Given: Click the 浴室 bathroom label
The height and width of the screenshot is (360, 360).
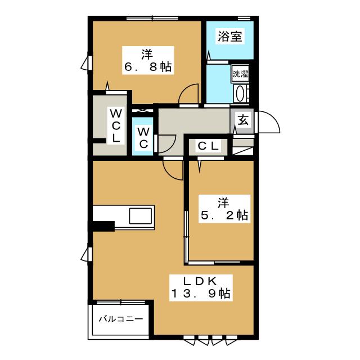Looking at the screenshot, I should pyautogui.click(x=229, y=37).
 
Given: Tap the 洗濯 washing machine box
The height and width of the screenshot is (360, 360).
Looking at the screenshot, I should pyautogui.click(x=240, y=74).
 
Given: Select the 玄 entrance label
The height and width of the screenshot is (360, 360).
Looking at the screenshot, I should pyautogui.click(x=243, y=119).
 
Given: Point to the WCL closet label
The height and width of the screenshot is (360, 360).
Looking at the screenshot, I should pyautogui.click(x=116, y=124).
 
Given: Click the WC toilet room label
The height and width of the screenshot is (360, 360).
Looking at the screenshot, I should pyautogui.click(x=143, y=137).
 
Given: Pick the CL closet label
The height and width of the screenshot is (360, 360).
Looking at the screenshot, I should pyautogui.click(x=208, y=146).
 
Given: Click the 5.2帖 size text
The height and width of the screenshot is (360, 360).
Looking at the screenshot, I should pyautogui.click(x=225, y=214).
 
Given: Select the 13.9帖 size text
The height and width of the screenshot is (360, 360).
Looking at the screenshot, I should pyautogui.click(x=200, y=293).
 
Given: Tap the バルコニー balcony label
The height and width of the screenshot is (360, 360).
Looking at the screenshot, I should pyautogui.click(x=121, y=318).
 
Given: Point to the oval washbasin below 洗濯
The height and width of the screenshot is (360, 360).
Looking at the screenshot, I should pyautogui.click(x=240, y=93).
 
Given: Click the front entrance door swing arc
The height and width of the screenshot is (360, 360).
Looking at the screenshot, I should pyautogui.click(x=268, y=123).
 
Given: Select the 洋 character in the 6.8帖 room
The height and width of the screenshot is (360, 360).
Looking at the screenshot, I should pyautogui.click(x=147, y=55).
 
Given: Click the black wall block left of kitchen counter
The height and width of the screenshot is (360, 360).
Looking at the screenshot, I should pyautogui.click(x=103, y=226).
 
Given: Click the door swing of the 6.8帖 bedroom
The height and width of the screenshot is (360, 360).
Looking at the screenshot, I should pyautogui.click(x=190, y=95).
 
